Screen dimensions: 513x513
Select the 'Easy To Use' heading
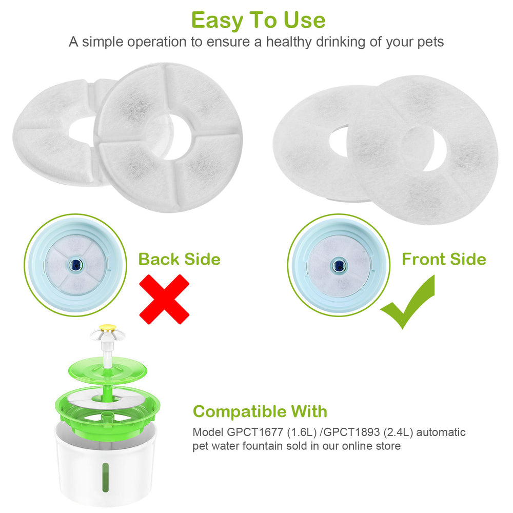click(258, 20)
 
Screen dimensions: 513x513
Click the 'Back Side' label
click(179, 259)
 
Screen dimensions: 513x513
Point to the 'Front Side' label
click(444, 259)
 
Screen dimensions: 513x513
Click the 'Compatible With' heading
click(260, 411)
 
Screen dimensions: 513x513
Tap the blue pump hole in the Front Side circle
click(338, 265)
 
